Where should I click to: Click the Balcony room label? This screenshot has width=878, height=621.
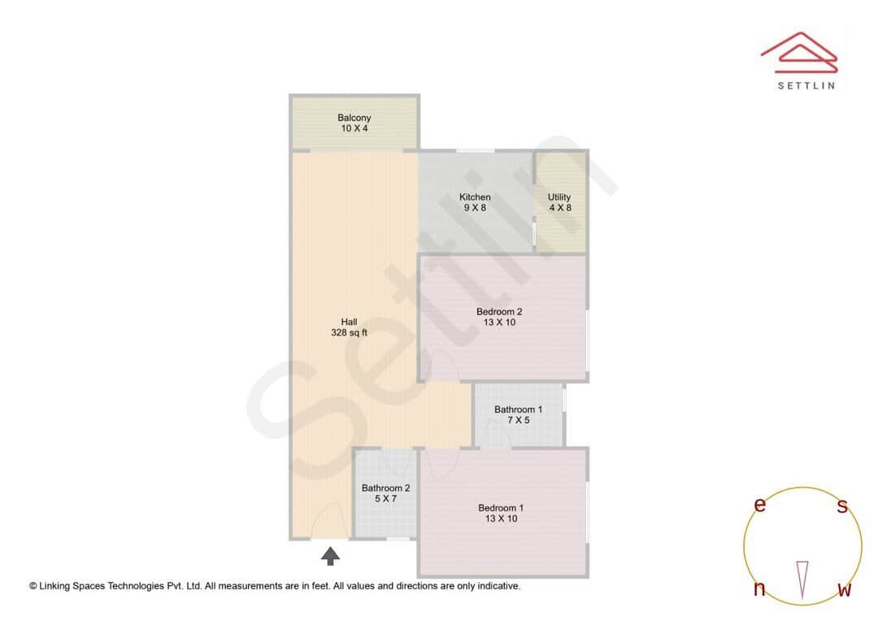click(354, 118)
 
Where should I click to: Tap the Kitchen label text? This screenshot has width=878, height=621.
click(475, 197)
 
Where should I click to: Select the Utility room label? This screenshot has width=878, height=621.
click(559, 197)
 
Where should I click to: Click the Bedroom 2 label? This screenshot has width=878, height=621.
click(499, 311)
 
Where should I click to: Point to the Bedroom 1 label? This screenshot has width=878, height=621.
click(501, 508)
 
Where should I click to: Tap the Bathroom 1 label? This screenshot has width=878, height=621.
click(518, 410)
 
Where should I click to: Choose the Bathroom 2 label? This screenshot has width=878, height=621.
click(385, 489)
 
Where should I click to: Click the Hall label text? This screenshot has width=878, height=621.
click(350, 322)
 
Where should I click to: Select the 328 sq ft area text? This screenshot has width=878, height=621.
click(350, 332)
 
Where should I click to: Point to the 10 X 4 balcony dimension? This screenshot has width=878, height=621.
click(354, 128)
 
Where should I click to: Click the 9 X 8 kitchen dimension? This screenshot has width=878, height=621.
click(475, 207)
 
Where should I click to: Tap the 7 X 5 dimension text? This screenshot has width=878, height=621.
click(518, 420)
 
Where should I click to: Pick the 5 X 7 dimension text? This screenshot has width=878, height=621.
click(385, 499)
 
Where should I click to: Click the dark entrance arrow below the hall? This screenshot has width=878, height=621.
click(330, 556)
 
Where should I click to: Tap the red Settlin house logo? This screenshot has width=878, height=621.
click(799, 50)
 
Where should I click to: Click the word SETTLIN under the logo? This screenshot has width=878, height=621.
click(806, 85)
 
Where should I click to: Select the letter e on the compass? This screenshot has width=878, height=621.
click(760, 506)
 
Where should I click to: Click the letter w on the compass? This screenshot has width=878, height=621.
click(845, 589)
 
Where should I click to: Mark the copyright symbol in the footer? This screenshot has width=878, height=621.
click(33, 585)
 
